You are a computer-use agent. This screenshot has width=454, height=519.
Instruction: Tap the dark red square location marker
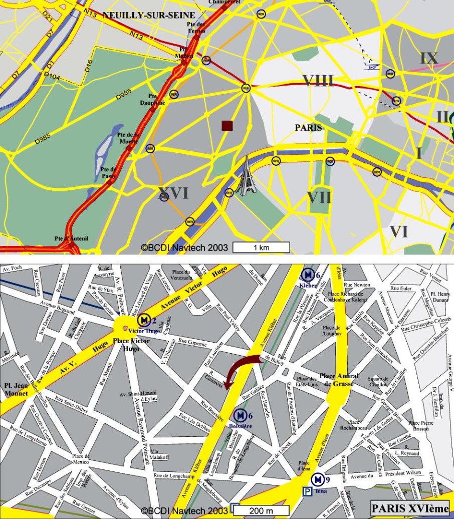(228, 126)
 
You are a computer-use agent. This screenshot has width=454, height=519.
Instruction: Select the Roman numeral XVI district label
(173, 193)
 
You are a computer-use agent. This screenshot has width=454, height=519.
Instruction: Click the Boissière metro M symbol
(241, 415)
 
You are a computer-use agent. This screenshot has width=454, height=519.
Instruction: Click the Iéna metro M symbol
(317, 480)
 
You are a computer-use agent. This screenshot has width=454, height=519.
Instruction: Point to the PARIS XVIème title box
(410, 508)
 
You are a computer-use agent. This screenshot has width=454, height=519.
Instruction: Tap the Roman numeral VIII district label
(318, 80)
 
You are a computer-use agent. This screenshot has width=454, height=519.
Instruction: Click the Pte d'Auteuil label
(72, 238)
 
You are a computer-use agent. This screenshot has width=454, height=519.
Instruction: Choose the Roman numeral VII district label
(319, 197)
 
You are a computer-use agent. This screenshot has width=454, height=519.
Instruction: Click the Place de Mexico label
(81, 459)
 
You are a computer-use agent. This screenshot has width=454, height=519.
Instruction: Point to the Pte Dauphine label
(156, 99)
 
